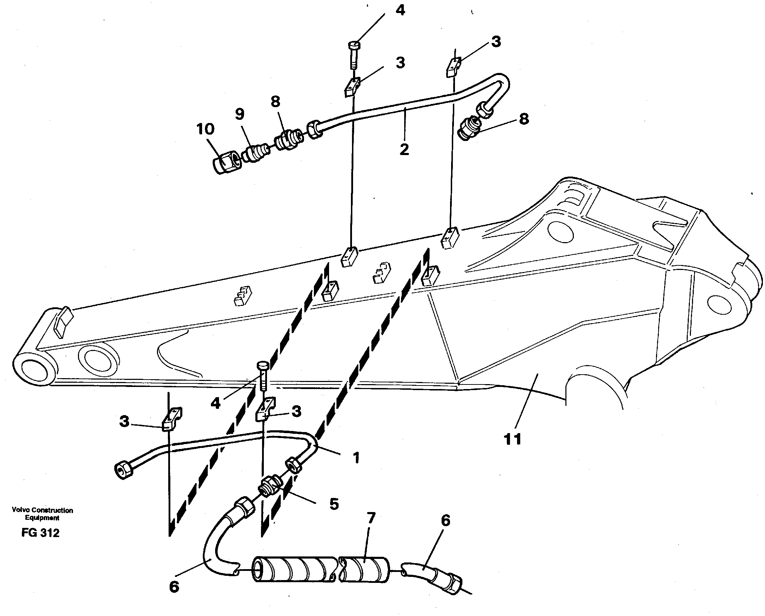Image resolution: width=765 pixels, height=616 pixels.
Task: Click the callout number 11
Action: (x=512, y=439)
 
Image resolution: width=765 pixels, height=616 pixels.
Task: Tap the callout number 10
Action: (x=205, y=129)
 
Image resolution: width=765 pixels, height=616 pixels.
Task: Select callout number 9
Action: (x=240, y=114)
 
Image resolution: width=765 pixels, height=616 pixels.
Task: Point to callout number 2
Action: (x=404, y=149)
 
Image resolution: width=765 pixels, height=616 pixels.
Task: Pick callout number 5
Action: (x=334, y=504)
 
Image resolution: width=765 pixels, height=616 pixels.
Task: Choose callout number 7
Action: (x=371, y=518)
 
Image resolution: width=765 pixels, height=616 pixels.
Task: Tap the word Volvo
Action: (x=20, y=510)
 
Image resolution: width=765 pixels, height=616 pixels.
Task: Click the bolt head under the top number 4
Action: (x=354, y=46)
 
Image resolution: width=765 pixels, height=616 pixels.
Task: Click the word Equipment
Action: (x=42, y=518)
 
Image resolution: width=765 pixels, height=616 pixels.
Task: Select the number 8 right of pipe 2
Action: (x=524, y=119)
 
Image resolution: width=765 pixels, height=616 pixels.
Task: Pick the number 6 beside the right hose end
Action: (x=445, y=520)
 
